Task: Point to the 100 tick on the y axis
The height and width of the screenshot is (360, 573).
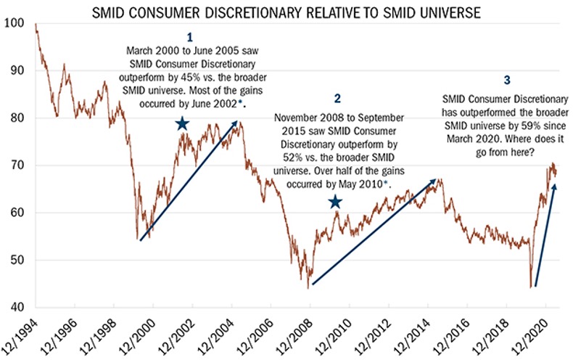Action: [16, 24]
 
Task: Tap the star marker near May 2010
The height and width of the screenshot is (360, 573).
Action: [334, 202]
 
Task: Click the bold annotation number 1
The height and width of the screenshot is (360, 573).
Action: [190, 36]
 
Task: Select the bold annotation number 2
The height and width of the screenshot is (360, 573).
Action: [337, 97]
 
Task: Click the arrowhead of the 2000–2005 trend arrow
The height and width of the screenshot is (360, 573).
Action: [236, 123]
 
